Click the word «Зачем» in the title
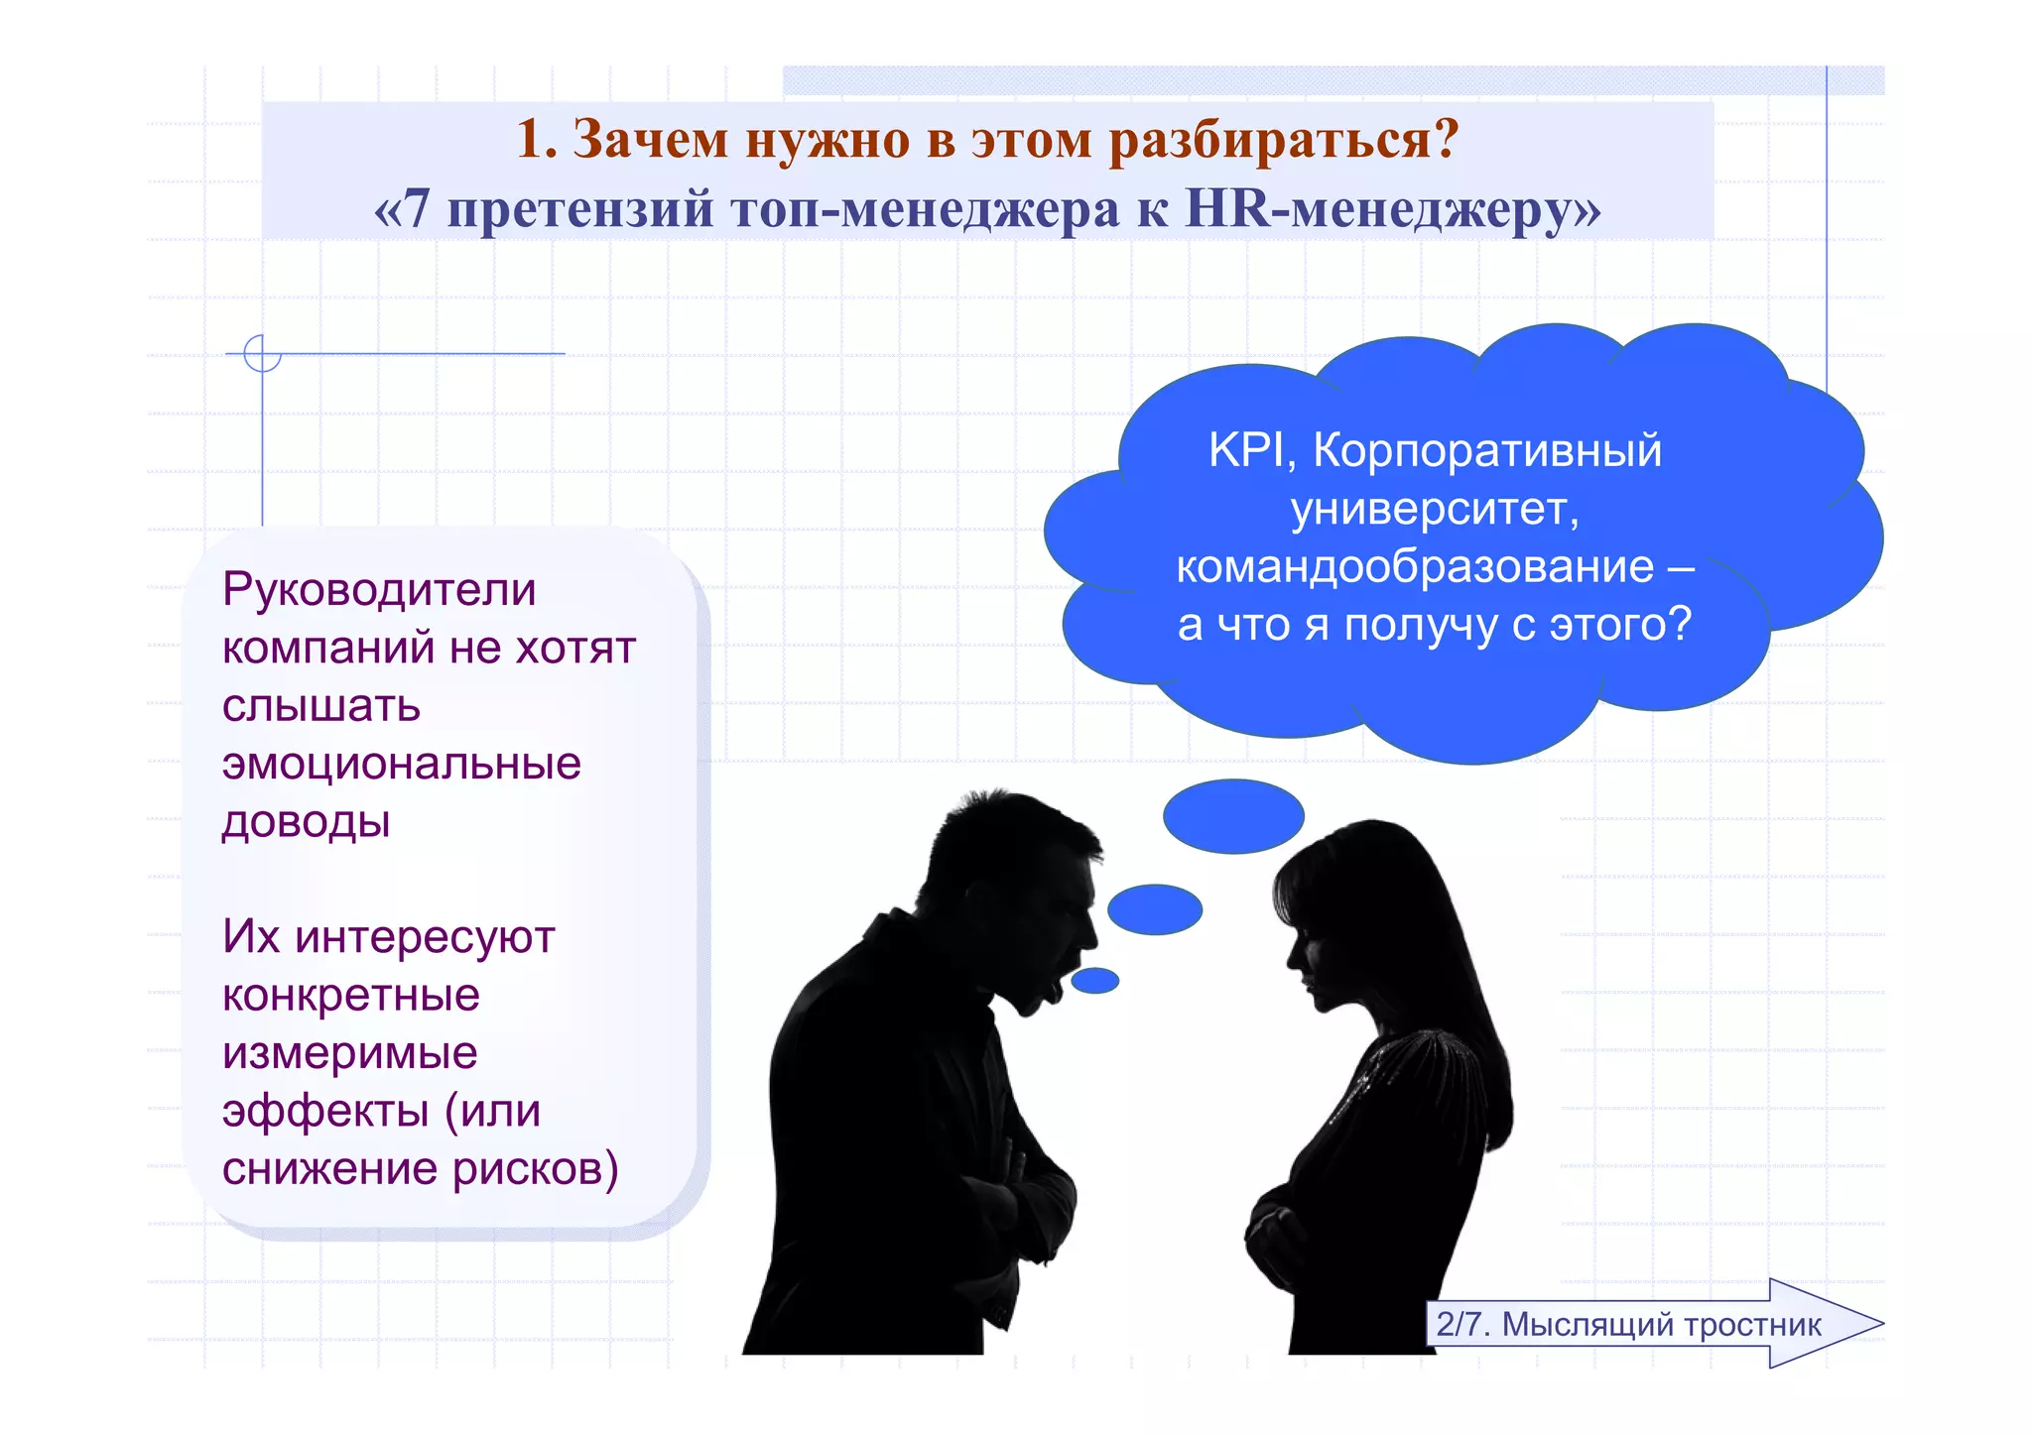[x=650, y=139]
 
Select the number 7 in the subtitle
[x=417, y=209]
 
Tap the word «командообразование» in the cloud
[x=1415, y=566]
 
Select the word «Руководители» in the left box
[x=379, y=589]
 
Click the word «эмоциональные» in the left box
[x=401, y=764]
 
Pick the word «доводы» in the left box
[x=306, y=821]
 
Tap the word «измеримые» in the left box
[x=349, y=1052]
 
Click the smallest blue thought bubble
[x=1095, y=981]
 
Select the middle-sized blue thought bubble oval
[x=1155, y=909]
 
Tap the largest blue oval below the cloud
[x=1233, y=816]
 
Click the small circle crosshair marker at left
[x=262, y=353]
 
